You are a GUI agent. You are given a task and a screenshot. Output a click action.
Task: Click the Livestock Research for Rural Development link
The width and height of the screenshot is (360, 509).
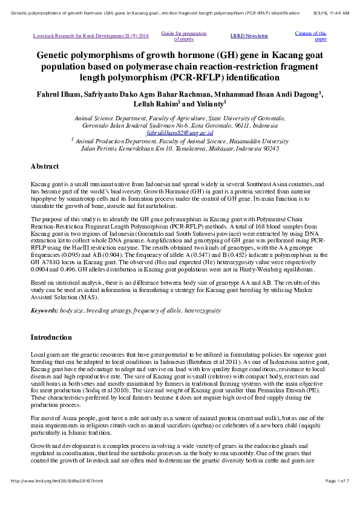(x=91, y=36)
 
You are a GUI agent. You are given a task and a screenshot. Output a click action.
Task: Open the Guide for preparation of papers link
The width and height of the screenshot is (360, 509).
(x=183, y=36)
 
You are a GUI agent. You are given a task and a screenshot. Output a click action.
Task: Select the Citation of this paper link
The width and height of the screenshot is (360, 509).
(x=310, y=36)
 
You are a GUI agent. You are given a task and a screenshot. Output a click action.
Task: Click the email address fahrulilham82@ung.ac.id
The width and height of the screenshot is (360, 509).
(x=180, y=131)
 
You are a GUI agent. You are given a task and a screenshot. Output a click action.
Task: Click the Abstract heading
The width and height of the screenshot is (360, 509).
(x=45, y=166)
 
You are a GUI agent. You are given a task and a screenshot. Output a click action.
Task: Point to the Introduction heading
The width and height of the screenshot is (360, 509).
(x=51, y=337)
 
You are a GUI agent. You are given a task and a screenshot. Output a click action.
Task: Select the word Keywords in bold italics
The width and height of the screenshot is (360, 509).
(x=44, y=310)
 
